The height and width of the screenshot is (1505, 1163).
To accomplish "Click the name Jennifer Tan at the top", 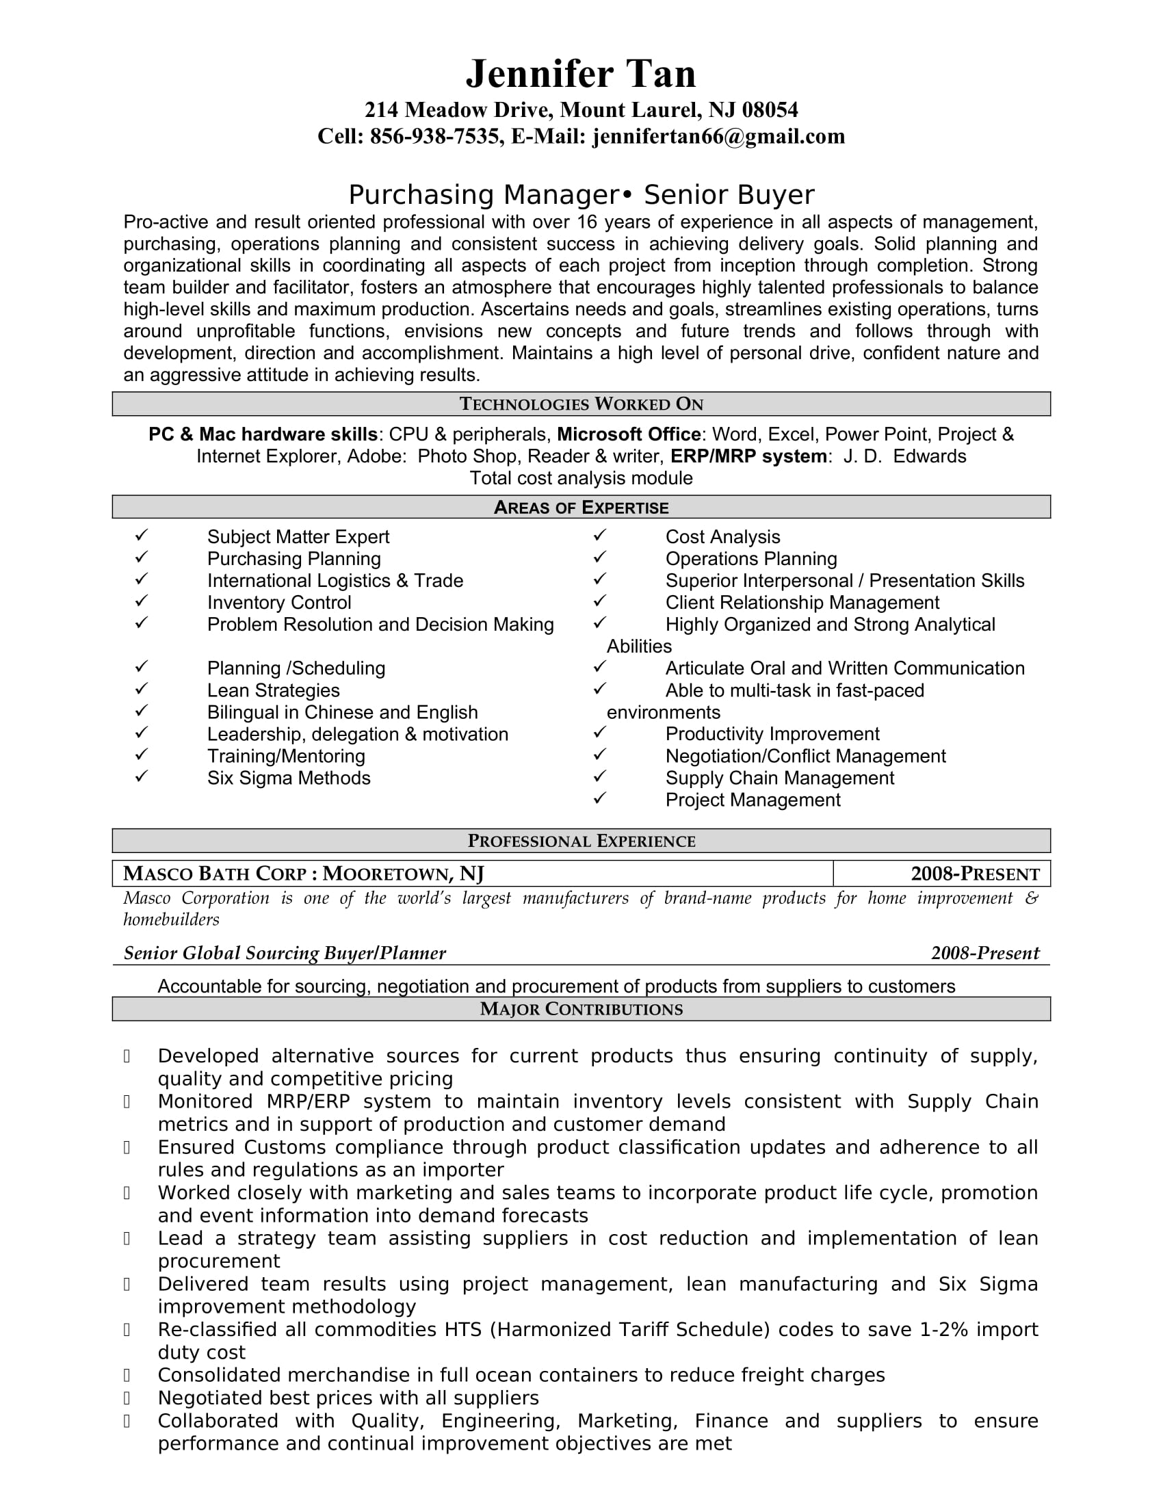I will [581, 74].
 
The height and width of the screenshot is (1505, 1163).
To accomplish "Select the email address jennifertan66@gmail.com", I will [718, 136].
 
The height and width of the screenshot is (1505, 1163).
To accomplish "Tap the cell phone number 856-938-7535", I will [434, 136].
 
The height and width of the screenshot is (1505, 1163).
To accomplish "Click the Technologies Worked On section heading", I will [581, 404].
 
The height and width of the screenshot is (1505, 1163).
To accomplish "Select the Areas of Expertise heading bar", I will [581, 508].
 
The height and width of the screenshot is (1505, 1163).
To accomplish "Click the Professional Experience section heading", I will [581, 841].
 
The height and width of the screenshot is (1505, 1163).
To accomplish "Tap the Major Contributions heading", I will [581, 1009].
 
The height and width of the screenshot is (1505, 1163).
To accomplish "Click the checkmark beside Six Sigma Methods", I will [141, 776].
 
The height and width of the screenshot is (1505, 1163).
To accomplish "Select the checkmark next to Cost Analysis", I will [599, 536].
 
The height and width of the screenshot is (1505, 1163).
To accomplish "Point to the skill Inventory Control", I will [279, 603].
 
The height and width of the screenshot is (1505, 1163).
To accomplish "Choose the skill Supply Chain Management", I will [779, 778].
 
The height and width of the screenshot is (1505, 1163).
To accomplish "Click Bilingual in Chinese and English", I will [343, 713].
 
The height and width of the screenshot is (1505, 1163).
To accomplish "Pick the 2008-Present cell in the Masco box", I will [974, 874].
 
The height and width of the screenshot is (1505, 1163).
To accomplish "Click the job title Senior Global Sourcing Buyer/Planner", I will [285, 953].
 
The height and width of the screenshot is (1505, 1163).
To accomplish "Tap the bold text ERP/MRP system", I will [748, 456].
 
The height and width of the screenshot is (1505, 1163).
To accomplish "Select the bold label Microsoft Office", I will [628, 434].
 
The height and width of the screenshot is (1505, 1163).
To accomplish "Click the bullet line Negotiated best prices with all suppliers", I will [348, 1398].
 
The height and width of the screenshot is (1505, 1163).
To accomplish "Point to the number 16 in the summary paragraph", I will [586, 222].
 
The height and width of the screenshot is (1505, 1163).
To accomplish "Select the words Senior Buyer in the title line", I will [729, 195].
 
